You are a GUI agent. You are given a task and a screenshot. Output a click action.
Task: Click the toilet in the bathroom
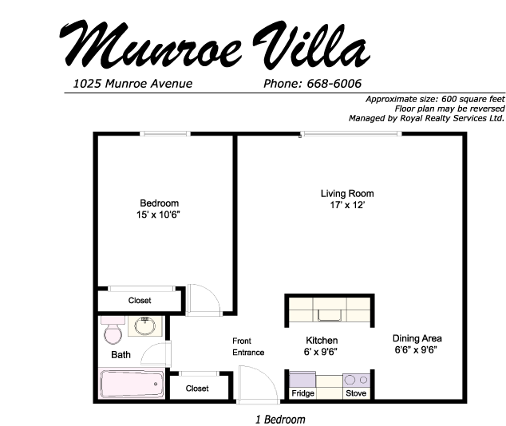(113, 329)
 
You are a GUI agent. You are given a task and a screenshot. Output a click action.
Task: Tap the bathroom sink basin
(145, 326)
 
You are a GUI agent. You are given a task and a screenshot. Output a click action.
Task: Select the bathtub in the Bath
(132, 385)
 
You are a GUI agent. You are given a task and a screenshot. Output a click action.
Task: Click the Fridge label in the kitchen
(302, 393)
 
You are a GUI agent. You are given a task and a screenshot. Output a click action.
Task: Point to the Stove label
(356, 393)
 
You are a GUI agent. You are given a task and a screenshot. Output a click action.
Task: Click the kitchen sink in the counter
(330, 315)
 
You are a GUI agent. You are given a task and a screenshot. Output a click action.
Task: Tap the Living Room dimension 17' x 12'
(347, 205)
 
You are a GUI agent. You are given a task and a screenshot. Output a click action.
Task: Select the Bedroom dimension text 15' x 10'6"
(158, 215)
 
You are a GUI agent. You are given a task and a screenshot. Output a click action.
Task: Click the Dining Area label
(417, 338)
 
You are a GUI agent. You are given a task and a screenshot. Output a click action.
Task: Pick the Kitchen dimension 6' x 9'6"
(321, 352)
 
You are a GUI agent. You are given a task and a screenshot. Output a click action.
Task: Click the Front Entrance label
(248, 347)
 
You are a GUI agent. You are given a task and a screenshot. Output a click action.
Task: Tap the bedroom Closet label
(140, 301)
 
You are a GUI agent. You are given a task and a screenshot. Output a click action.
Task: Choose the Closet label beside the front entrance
(197, 389)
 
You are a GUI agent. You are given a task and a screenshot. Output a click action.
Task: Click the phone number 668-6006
(334, 84)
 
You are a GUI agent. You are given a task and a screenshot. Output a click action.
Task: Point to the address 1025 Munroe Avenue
(132, 84)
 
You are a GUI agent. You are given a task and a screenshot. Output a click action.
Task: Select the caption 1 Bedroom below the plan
(280, 420)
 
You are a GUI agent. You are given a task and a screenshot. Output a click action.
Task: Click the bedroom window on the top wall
(165, 133)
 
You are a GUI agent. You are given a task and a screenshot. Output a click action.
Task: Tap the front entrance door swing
(258, 385)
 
